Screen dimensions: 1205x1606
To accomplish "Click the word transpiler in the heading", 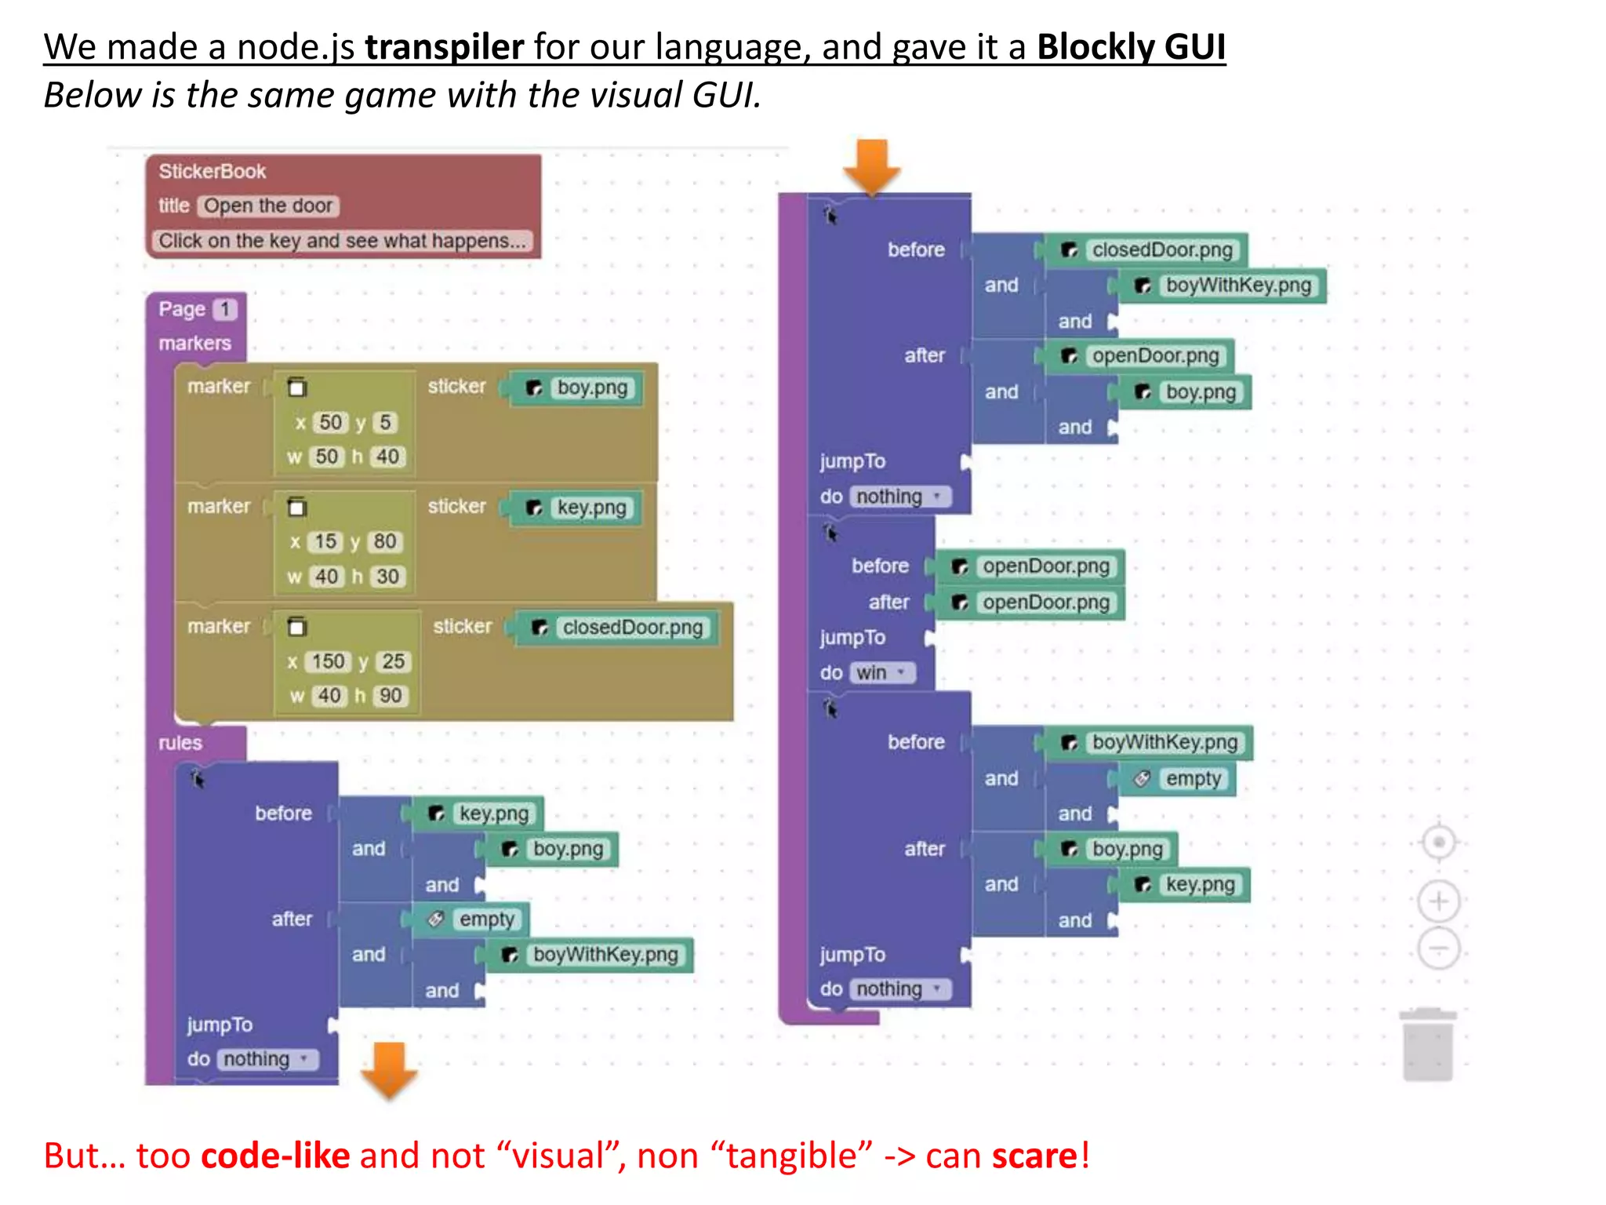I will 444,47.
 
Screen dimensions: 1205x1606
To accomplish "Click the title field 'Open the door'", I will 268,206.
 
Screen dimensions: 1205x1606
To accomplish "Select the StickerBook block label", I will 212,171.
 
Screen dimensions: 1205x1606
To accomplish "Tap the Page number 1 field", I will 225,309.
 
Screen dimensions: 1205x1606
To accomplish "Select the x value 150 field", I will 327,661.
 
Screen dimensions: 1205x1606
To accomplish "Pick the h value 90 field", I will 390,696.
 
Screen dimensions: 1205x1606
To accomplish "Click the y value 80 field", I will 384,541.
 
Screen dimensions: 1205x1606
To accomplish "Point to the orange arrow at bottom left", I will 389,1068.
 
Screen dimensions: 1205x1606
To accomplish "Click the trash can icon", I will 1427,1046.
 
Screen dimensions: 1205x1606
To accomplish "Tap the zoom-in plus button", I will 1438,901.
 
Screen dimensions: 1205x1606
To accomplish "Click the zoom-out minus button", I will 1438,949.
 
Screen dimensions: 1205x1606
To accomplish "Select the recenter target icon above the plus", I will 1438,843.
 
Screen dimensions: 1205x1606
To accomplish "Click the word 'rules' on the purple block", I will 180,743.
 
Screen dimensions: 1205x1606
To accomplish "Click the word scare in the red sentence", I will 1034,1156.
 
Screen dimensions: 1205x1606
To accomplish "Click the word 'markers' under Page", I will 194,344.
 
